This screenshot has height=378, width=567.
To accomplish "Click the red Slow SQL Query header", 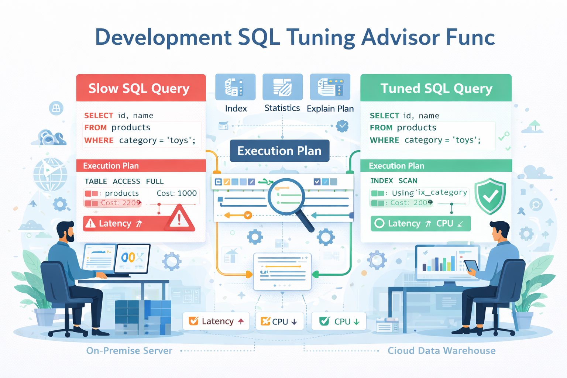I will point(141,88).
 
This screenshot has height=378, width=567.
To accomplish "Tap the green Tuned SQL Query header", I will point(436,88).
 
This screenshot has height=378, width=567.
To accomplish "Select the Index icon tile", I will point(235,87).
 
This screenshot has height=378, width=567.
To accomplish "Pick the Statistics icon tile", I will point(282,87).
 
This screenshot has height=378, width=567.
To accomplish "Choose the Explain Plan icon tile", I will point(330,87).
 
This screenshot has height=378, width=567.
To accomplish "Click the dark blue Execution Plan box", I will point(279,151).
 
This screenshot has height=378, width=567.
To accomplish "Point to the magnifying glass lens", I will point(286,196).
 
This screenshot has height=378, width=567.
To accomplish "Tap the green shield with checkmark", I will point(490,196).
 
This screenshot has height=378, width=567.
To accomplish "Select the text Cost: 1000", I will point(176,193).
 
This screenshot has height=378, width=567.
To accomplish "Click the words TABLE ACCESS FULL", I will point(124,181).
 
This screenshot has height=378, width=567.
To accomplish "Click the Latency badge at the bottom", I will point(216,321).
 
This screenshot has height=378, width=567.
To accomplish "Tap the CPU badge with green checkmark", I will point(339,321).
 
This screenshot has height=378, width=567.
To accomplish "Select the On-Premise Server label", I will point(129,351).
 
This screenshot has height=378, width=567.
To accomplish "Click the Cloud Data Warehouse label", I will point(441,351).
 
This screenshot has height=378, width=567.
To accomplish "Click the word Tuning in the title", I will point(321,38).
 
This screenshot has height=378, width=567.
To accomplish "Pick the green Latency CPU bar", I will point(420,223).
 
